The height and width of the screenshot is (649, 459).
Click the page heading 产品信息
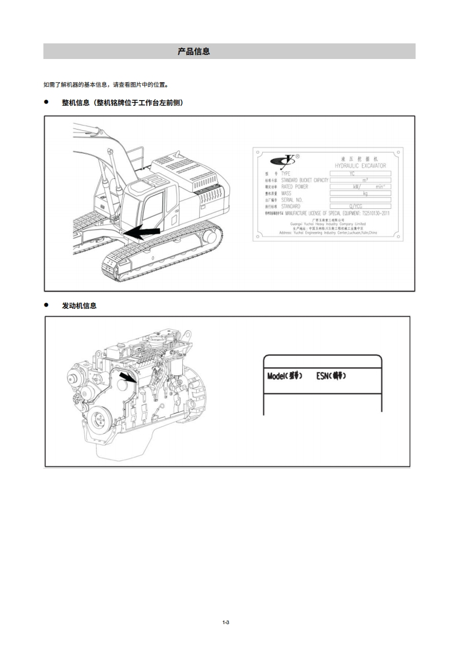[x=193, y=51]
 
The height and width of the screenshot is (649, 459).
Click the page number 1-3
[x=226, y=622]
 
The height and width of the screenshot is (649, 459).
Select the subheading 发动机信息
[x=79, y=306]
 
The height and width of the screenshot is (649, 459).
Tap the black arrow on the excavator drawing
[x=142, y=231]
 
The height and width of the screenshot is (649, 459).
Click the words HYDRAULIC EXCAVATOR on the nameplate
[x=360, y=165]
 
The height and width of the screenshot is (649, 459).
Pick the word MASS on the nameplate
[x=287, y=193]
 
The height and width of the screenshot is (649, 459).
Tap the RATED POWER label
[x=295, y=187]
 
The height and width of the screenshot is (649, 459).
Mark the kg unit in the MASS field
[x=365, y=193]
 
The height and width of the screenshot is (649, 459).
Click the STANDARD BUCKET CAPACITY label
[x=304, y=180]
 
